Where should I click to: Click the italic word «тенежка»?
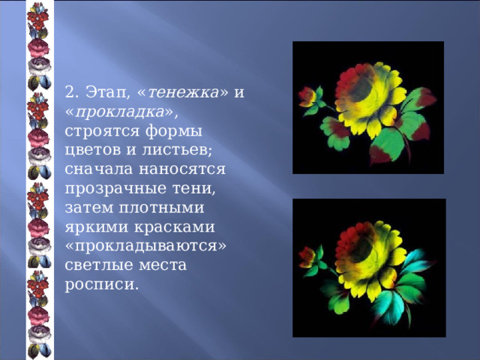pos(184,93)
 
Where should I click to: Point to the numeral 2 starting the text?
pos(70,93)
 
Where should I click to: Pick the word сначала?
pos(96,169)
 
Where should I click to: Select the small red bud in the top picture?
pos(307,97)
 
